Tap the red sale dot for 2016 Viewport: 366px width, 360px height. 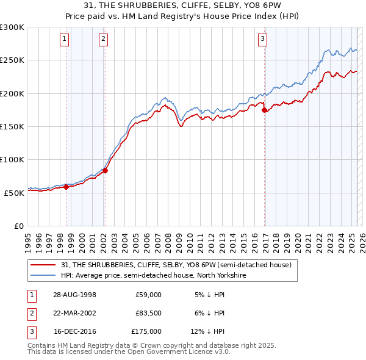(264, 110)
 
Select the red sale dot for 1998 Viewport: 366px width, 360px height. (66, 187)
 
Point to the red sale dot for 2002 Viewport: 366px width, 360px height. (105, 171)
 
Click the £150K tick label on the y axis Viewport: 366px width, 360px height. (12, 126)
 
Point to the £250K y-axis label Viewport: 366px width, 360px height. (12, 60)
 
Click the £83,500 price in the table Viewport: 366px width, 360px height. (148, 313)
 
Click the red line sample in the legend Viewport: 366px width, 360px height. (43, 265)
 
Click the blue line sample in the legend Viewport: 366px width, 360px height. (43, 275)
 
